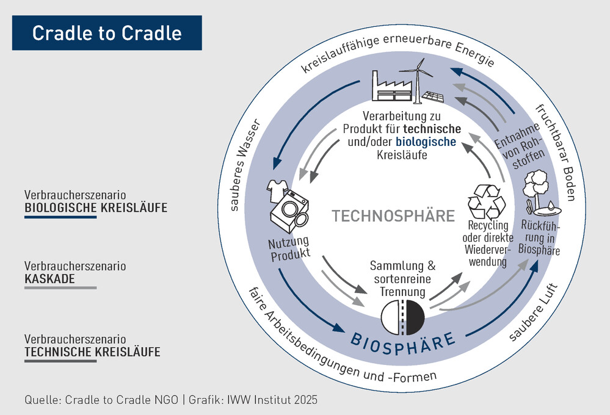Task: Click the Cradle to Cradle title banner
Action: click(x=107, y=32)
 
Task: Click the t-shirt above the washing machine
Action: click(x=277, y=191)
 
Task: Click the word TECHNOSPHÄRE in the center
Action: click(x=393, y=216)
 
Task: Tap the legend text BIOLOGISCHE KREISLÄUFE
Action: click(x=96, y=208)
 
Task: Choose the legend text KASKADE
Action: click(x=49, y=279)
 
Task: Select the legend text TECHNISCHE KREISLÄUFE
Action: click(x=92, y=352)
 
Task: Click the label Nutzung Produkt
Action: click(x=289, y=248)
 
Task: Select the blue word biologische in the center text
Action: click(x=426, y=142)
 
